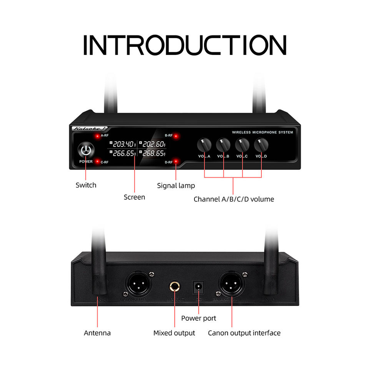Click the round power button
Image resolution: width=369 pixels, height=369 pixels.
[85, 150]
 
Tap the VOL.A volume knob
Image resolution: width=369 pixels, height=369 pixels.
[204, 145]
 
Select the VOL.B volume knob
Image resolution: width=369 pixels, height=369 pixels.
[223, 145]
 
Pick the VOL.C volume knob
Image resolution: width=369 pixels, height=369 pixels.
[242, 145]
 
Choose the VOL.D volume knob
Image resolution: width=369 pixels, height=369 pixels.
[261, 145]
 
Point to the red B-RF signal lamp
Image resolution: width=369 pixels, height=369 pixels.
[176, 136]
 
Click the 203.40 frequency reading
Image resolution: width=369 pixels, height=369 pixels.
[123, 144]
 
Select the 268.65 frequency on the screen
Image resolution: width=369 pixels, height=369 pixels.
[152, 153]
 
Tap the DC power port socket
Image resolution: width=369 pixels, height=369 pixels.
[199, 286]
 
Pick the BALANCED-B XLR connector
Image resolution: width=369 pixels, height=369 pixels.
[137, 284]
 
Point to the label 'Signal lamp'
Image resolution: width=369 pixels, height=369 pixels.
[176, 186]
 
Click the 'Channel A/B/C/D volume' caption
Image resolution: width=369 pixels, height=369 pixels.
[234, 199]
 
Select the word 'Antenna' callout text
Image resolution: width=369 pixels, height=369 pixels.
[97, 333]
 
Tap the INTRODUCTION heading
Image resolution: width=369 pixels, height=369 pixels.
[184, 45]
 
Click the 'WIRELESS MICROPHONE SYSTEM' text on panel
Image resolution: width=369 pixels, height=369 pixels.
[263, 132]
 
